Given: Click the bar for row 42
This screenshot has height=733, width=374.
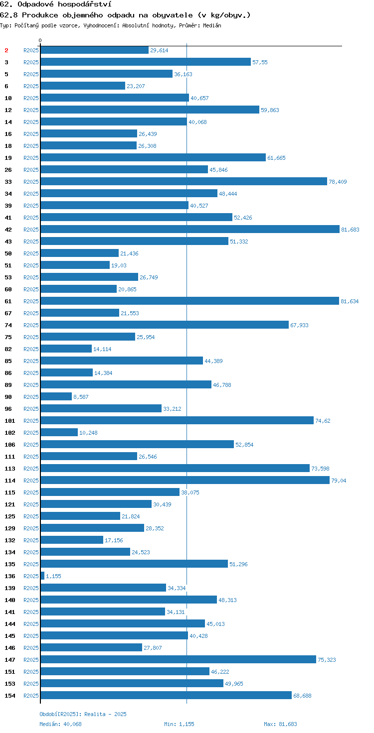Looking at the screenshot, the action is pyautogui.click(x=190, y=229).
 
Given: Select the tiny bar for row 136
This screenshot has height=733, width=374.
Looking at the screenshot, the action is pyautogui.click(x=42, y=576).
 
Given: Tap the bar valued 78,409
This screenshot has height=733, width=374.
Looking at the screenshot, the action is pyautogui.click(x=184, y=181).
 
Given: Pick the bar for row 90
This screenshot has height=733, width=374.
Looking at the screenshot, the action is pyautogui.click(x=56, y=396).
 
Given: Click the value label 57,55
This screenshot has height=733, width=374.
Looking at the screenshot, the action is pyautogui.click(x=260, y=62).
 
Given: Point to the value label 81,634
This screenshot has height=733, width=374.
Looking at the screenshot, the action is pyautogui.click(x=350, y=301).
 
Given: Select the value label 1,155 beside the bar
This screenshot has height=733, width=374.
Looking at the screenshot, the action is pyautogui.click(x=53, y=576).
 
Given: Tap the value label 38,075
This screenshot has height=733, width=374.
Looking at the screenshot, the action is pyautogui.click(x=190, y=492).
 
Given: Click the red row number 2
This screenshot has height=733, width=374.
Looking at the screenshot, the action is pyautogui.click(x=6, y=50).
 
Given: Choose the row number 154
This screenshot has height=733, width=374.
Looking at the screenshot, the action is pyautogui.click(x=10, y=695).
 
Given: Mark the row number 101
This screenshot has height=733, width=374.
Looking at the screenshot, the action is pyautogui.click(x=10, y=420).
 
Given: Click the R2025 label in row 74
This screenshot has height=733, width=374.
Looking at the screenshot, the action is pyautogui.click(x=31, y=325).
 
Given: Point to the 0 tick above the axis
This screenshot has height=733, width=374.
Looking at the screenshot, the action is pyautogui.click(x=40, y=40).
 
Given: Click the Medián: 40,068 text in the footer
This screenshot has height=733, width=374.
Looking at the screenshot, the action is pyautogui.click(x=60, y=724).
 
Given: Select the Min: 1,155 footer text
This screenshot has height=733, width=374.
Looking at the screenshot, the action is pyautogui.click(x=179, y=724).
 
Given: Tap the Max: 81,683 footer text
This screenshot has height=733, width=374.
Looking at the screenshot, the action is pyautogui.click(x=280, y=724).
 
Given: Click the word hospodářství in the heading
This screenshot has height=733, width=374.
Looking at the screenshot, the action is pyautogui.click(x=85, y=4).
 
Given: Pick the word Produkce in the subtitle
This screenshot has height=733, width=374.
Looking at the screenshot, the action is pyautogui.click(x=40, y=15).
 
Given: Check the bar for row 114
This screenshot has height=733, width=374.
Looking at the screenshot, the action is pyautogui.click(x=185, y=480).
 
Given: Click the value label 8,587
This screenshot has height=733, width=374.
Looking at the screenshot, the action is pyautogui.click(x=81, y=396).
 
